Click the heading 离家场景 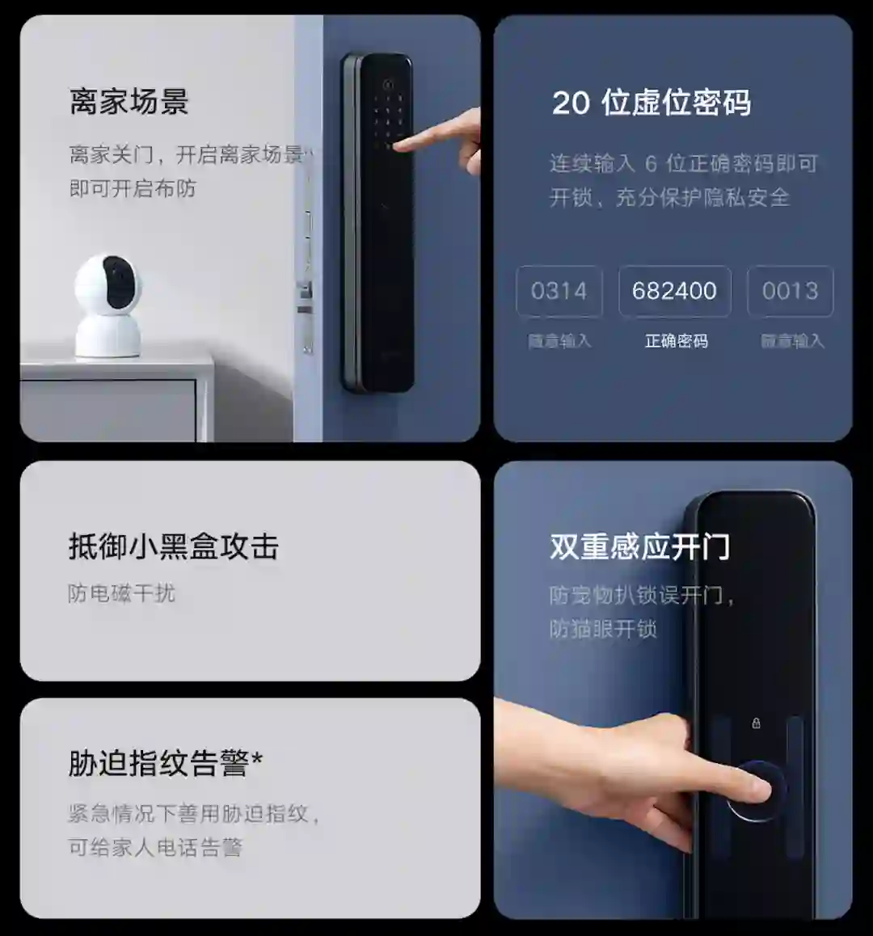tap(129, 102)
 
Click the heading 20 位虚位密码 tap(652, 102)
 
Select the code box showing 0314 tap(559, 291)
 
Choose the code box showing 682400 tap(674, 291)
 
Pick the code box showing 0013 tap(790, 291)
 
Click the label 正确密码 tap(676, 341)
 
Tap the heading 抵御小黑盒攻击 tap(173, 546)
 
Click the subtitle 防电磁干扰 tap(121, 593)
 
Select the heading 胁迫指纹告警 tap(158, 764)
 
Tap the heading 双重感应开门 tap(639, 546)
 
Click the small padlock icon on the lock tap(756, 723)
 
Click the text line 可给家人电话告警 tap(155, 847)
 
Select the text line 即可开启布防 tap(133, 188)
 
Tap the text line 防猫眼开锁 tap(603, 629)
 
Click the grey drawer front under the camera tap(108, 411)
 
